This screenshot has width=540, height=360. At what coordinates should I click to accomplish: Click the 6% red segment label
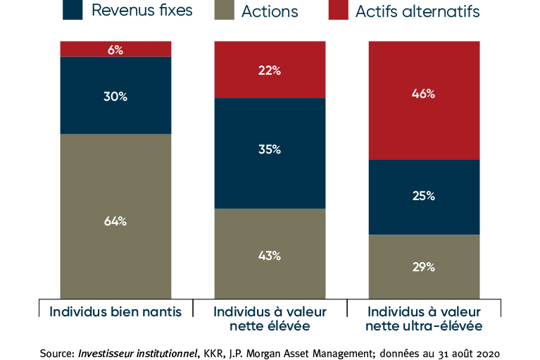115,50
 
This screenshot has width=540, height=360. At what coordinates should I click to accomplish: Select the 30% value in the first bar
115,97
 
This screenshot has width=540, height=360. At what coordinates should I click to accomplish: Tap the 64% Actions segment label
115,221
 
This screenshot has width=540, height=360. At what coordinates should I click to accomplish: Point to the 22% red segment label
270,70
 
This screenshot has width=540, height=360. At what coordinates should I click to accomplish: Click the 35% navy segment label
270,149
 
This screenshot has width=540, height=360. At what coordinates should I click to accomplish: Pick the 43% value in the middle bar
270,256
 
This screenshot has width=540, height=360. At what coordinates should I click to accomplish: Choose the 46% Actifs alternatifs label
424,94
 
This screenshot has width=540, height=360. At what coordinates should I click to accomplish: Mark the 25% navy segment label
424,196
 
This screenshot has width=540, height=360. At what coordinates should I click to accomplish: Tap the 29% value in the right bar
424,267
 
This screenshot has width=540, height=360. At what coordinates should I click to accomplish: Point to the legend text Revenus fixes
142,11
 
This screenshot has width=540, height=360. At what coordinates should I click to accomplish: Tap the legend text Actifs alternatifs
417,11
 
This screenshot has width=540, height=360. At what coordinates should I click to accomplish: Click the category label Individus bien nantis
115,311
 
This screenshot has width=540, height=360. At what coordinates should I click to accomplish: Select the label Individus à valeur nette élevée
270,318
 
